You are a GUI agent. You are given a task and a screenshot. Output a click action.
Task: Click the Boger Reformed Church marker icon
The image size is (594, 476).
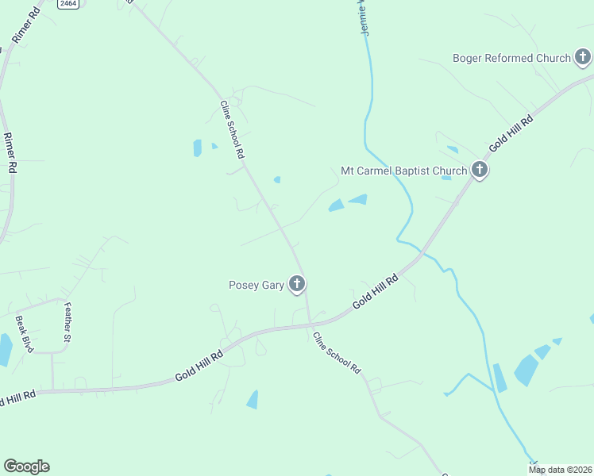point(583,57)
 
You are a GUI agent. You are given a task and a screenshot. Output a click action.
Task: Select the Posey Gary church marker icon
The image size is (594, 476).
point(297,283)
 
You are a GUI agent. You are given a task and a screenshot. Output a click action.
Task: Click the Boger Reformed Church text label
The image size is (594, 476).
point(511,58)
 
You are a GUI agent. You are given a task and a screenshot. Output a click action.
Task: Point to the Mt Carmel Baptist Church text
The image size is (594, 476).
point(403,170)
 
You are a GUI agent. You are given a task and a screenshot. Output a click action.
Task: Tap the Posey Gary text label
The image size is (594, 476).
point(256,285)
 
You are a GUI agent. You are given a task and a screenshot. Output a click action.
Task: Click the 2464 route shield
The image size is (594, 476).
point(68,4)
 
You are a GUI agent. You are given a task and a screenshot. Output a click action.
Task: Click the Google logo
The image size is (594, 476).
point(26,466)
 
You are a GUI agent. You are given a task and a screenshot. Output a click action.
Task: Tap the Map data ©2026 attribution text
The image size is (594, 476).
point(561,470)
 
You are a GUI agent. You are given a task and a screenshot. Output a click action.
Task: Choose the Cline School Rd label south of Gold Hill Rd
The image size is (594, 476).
point(337,353)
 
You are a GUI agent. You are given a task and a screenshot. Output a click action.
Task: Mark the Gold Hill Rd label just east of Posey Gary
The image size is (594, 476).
point(375,294)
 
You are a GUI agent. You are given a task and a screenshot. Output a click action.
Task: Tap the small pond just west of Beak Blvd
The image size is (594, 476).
point(5,349)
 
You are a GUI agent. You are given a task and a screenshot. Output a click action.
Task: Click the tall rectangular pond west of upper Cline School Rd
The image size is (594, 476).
point(197,148)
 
